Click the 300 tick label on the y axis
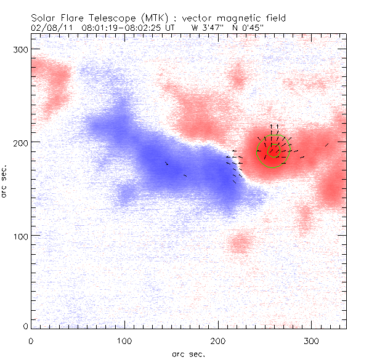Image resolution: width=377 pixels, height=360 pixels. (20, 49)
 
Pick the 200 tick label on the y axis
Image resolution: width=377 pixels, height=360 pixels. (20, 142)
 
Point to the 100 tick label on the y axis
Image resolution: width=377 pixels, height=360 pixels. (20, 236)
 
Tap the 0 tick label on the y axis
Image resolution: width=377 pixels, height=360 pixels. (25, 326)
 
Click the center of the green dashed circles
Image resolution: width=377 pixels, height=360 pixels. (274, 151)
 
